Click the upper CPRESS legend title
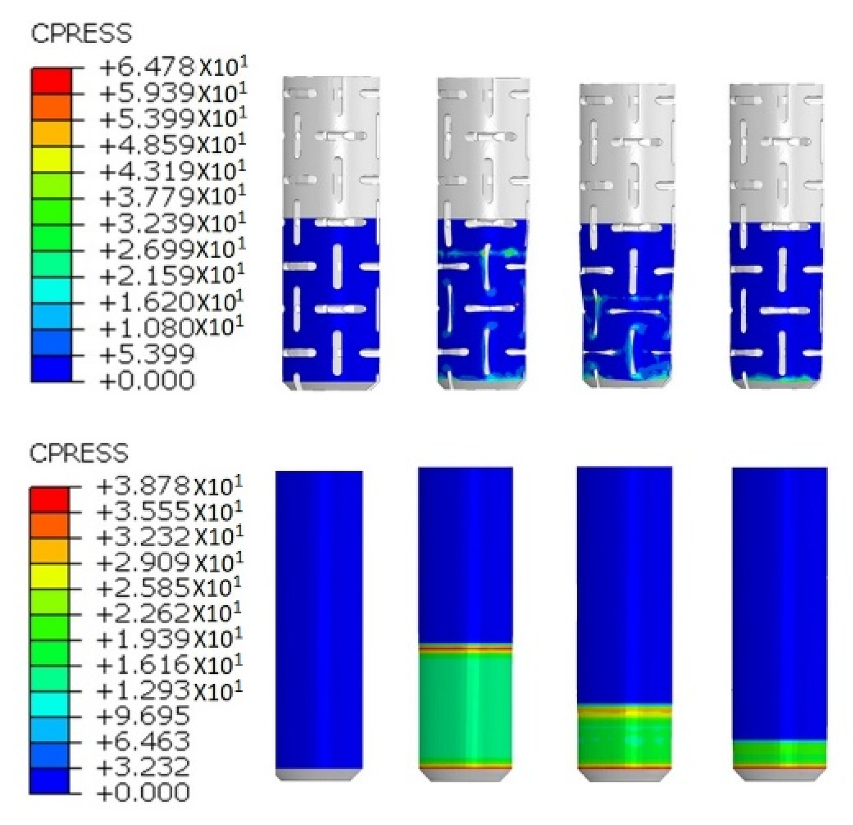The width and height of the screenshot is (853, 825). (81, 34)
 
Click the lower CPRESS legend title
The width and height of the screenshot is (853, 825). (79, 453)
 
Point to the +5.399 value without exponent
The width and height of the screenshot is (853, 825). (147, 355)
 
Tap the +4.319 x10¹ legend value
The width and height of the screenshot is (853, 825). (173, 171)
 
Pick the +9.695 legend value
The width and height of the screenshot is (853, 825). (143, 715)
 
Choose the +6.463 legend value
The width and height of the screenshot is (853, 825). (143, 741)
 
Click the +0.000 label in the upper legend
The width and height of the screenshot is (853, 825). (147, 380)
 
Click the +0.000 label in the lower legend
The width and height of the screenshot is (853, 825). (143, 792)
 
